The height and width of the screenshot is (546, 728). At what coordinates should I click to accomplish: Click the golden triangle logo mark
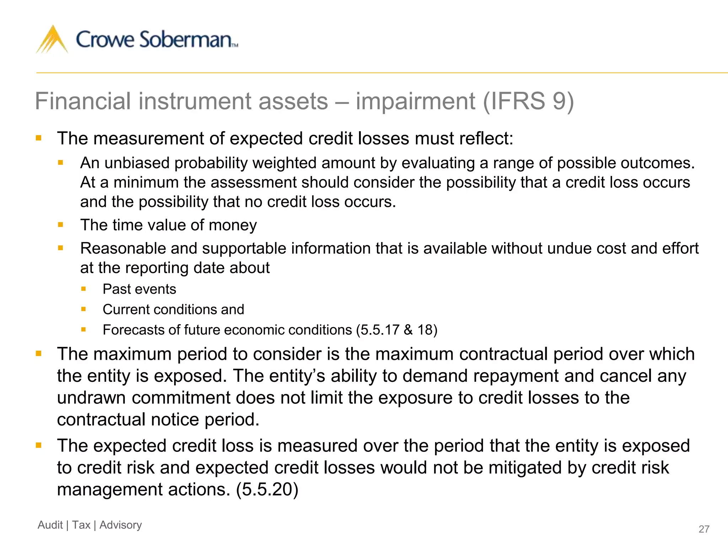(x=52, y=40)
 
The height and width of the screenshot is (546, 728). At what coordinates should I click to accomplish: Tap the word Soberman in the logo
(x=186, y=39)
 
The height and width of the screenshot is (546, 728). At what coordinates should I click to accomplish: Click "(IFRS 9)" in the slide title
(x=529, y=101)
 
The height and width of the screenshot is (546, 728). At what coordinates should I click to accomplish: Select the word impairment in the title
(x=416, y=101)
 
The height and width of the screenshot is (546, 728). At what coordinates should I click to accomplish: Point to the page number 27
(x=704, y=529)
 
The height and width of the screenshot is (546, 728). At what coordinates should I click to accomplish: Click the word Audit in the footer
(x=50, y=525)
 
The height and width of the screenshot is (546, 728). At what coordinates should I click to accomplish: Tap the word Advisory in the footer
(x=121, y=525)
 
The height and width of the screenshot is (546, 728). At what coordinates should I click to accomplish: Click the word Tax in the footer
(x=81, y=525)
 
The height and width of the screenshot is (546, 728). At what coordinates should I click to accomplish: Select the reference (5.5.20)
(x=267, y=489)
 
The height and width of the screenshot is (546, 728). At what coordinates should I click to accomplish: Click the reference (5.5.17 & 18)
(x=397, y=330)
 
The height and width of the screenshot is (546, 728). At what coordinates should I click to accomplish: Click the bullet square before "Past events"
(x=84, y=289)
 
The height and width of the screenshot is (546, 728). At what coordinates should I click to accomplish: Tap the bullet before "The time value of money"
(x=60, y=225)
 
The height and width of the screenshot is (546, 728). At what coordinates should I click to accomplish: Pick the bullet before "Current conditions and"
(x=84, y=309)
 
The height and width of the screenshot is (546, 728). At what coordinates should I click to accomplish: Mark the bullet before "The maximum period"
(x=39, y=354)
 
